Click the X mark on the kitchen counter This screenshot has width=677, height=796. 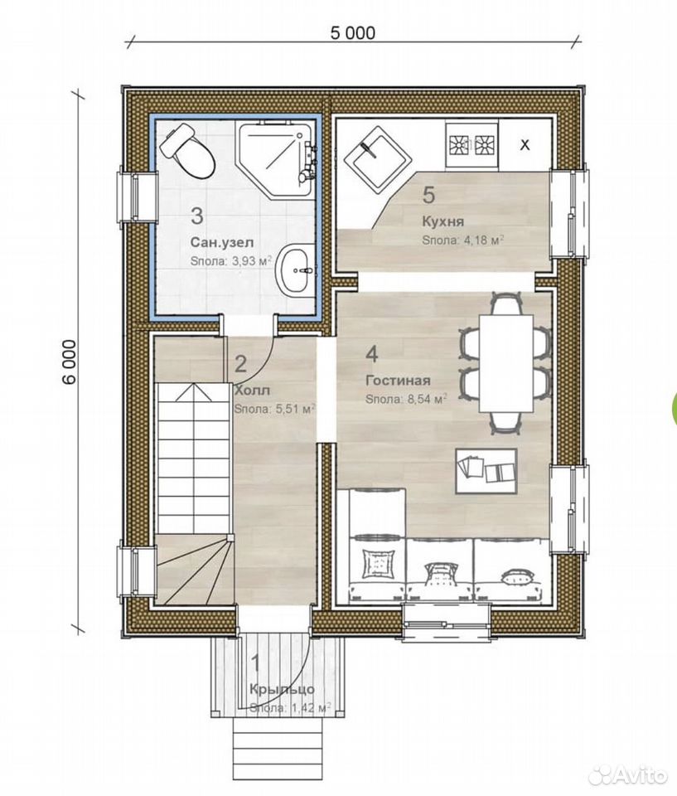(525, 145)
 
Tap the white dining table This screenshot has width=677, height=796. (506, 363)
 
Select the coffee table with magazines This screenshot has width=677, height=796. (486, 471)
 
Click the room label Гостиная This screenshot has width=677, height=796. (398, 381)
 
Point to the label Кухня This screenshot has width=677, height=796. (443, 222)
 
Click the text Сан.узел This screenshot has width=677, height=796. (222, 241)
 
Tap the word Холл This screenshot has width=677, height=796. (252, 391)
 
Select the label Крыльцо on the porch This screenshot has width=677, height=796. (283, 689)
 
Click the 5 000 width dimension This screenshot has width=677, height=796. (353, 33)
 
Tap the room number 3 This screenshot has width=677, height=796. (197, 216)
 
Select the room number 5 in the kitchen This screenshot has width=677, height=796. (429, 196)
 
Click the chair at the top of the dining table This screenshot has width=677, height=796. (506, 303)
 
